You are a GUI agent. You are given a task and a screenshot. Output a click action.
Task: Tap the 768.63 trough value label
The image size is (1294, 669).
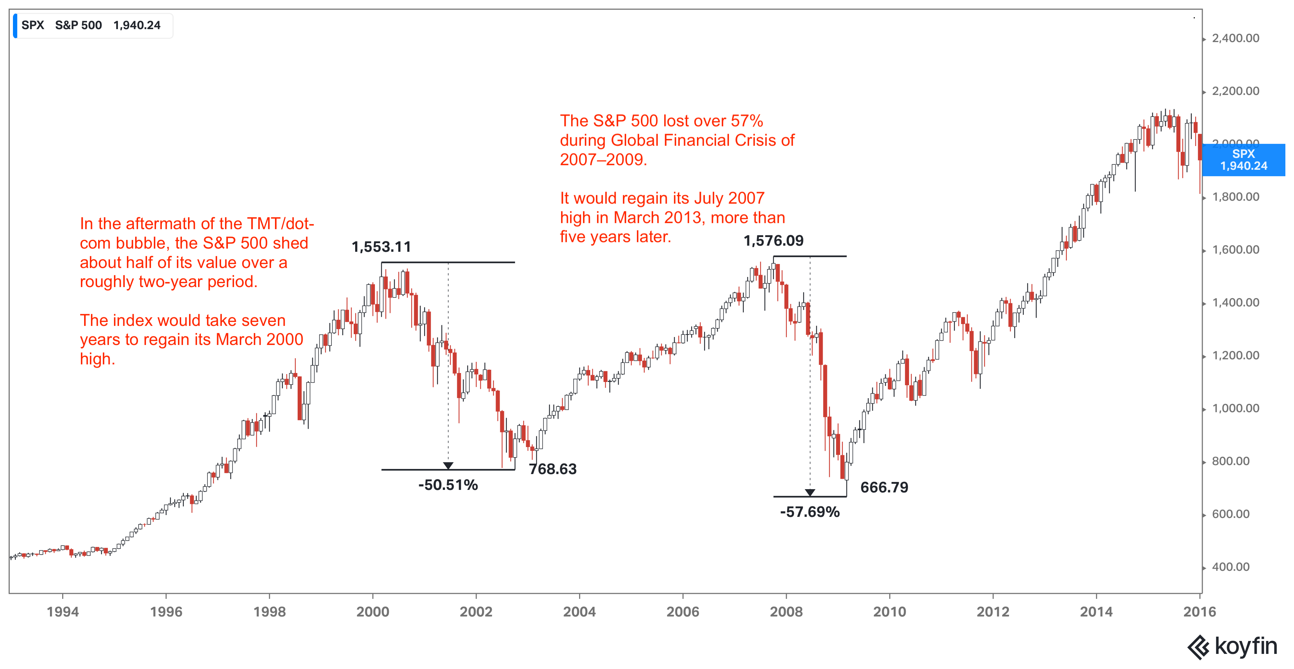(x=552, y=469)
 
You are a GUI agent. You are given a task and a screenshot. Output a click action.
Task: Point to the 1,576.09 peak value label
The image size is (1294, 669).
(x=773, y=241)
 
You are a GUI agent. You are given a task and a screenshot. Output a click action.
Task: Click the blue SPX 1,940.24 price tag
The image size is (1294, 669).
(x=1243, y=160)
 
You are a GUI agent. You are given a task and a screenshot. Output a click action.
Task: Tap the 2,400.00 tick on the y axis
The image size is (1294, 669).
(x=1235, y=38)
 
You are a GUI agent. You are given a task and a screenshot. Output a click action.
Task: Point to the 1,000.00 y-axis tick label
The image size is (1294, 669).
(x=1235, y=408)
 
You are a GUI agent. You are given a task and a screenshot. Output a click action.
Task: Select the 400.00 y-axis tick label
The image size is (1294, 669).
(x=1230, y=567)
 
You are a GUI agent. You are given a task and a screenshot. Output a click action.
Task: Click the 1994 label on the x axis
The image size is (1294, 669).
(x=63, y=612)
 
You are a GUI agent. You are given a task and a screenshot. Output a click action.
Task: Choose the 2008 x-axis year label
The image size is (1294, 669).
(x=786, y=612)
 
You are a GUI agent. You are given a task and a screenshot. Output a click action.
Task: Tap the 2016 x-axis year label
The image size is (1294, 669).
(x=1199, y=612)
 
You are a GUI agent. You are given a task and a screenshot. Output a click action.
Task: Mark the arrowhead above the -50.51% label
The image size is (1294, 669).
(x=448, y=465)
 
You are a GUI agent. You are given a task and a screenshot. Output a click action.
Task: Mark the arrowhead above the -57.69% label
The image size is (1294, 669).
(x=810, y=492)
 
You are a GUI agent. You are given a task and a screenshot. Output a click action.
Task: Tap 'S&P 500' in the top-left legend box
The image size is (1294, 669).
(x=78, y=25)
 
